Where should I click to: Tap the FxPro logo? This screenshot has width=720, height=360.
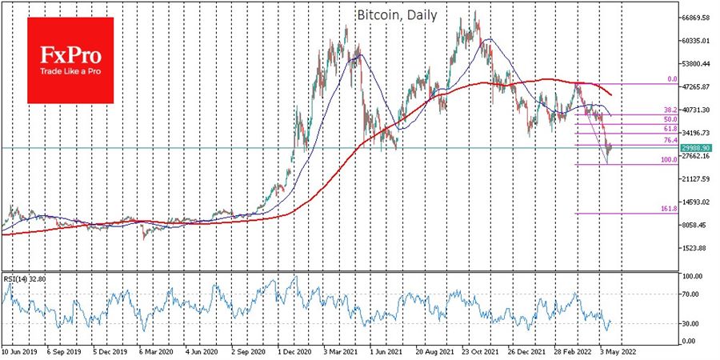tap(71, 60)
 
